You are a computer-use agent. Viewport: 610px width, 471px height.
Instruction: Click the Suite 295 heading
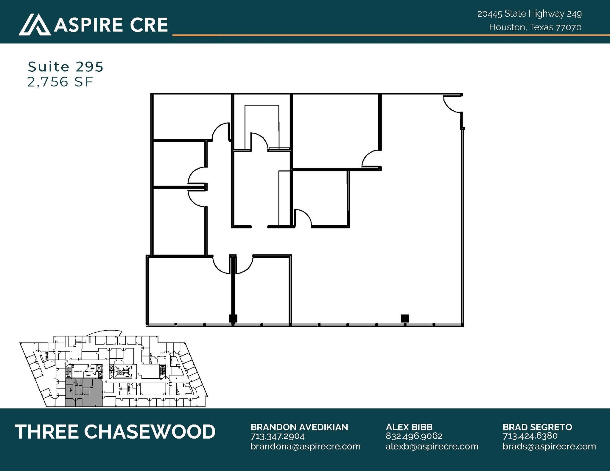(x=66, y=67)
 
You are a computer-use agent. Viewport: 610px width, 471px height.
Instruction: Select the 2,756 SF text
(x=60, y=82)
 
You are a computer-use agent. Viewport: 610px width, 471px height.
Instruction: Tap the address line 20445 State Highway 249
(x=529, y=14)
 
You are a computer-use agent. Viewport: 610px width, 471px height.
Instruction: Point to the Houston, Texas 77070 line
(x=535, y=27)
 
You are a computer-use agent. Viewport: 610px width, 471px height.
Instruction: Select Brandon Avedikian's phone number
(x=277, y=436)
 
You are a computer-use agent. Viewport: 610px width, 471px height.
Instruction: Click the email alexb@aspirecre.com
(x=432, y=446)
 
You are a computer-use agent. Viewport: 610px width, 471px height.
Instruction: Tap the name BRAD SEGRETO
(x=537, y=427)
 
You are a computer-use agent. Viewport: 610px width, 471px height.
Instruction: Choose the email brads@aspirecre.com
(x=549, y=446)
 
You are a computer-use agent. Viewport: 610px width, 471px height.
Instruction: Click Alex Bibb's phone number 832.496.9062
(x=414, y=436)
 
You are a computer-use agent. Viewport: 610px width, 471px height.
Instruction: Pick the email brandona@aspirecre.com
(x=305, y=446)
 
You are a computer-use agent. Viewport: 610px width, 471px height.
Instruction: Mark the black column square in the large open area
(x=405, y=318)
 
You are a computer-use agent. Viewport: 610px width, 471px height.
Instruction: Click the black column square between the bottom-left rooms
(x=233, y=318)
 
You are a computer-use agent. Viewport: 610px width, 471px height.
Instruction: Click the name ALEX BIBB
(x=409, y=427)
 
